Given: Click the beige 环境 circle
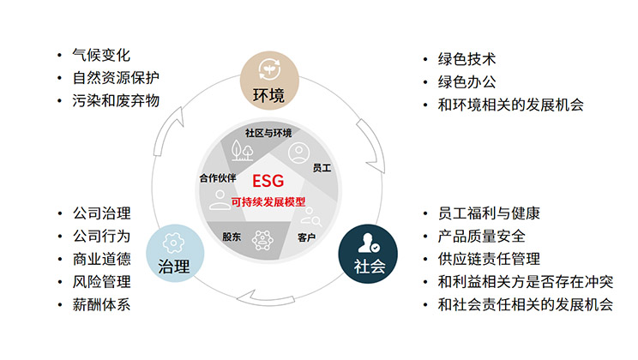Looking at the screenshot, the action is pyautogui.click(x=269, y=80).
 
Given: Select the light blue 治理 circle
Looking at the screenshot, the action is pyautogui.click(x=175, y=253).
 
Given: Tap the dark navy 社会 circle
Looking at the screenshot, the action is pyautogui.click(x=368, y=254).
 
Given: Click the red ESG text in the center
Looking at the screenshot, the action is pyautogui.click(x=268, y=181).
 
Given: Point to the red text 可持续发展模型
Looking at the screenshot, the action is pyautogui.click(x=268, y=201).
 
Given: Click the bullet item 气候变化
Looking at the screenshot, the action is pyautogui.click(x=101, y=55).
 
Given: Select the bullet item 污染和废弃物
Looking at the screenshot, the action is pyautogui.click(x=116, y=100).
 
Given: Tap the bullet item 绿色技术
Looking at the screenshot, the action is pyautogui.click(x=466, y=59).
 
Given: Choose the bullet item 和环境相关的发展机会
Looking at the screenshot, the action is pyautogui.click(x=510, y=105).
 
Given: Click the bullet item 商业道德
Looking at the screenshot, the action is pyautogui.click(x=102, y=259).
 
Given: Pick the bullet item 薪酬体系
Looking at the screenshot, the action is pyautogui.click(x=101, y=304).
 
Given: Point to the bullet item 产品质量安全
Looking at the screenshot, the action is pyautogui.click(x=481, y=237).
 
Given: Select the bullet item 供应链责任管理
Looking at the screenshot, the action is pyautogui.click(x=489, y=259).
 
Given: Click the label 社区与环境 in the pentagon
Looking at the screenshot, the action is pyautogui.click(x=268, y=133).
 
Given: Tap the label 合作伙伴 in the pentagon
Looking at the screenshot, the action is pyautogui.click(x=218, y=177).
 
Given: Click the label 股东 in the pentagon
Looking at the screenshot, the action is pyautogui.click(x=232, y=237).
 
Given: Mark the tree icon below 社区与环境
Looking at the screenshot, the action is pyautogui.click(x=242, y=151).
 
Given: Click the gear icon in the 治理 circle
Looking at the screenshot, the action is pyautogui.click(x=173, y=243).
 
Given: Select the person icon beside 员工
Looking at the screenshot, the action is pyautogui.click(x=298, y=153).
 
